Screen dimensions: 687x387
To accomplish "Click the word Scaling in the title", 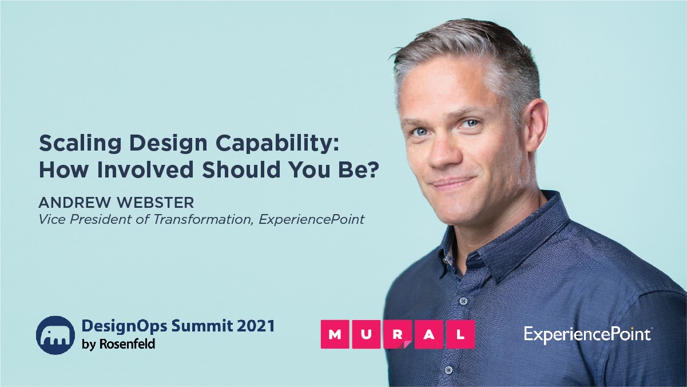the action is (x=80, y=143).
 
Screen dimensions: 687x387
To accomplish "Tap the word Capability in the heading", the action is (x=277, y=143).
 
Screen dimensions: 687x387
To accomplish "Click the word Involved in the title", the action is (x=145, y=169).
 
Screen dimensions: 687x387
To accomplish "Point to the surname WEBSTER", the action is (x=156, y=203).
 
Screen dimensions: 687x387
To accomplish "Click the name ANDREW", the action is (x=74, y=203).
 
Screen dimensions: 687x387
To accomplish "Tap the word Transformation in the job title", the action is (x=203, y=219).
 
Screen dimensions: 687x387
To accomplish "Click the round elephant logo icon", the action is (x=55, y=335).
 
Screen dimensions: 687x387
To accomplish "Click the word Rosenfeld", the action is (x=127, y=344).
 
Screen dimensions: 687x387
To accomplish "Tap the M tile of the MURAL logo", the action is (x=335, y=334).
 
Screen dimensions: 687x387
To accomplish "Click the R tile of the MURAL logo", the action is (x=398, y=334).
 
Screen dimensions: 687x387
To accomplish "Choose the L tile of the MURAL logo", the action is (x=460, y=334).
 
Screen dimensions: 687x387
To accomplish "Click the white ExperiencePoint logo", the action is (x=587, y=334).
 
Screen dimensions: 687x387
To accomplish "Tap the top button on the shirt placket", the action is (x=463, y=301).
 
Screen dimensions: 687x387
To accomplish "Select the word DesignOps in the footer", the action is (x=125, y=326).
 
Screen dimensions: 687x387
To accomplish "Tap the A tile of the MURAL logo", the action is (x=429, y=334).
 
